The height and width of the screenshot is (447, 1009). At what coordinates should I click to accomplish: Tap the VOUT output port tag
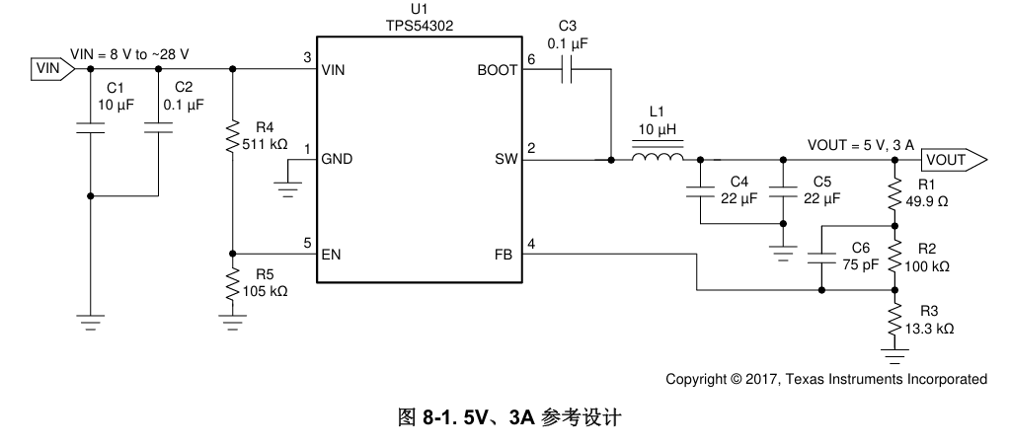tap(952, 158)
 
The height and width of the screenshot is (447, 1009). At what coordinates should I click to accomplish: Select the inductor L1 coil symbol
tap(658, 158)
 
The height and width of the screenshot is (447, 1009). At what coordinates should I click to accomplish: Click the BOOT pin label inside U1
tap(497, 70)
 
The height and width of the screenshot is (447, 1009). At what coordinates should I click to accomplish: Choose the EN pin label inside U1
tap(331, 255)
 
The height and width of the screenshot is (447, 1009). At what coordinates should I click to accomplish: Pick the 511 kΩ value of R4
tap(265, 144)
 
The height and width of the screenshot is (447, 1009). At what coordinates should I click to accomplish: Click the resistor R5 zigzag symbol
tap(233, 285)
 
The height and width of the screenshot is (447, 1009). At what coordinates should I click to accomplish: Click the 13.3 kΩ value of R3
tap(932, 328)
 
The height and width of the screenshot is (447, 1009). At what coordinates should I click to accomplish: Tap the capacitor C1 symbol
tap(91, 127)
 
